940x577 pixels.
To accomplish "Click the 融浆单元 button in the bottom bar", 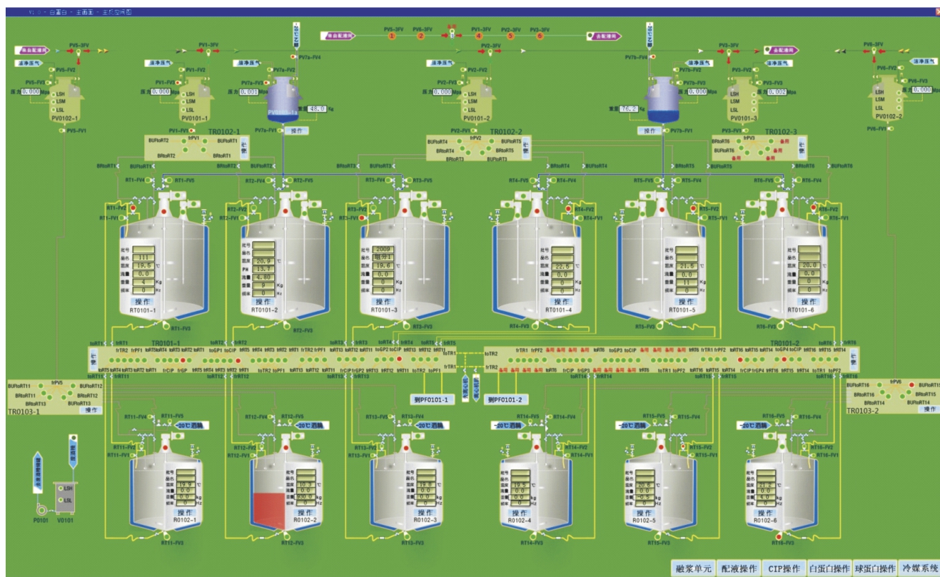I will pos(693,568).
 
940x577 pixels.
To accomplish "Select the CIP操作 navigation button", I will pos(783,568).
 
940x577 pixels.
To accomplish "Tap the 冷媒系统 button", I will pos(919,568).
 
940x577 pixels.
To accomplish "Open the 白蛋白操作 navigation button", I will pos(828,568).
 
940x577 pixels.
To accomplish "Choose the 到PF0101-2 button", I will pos(503,399).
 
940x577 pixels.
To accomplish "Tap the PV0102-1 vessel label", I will pos(65,118).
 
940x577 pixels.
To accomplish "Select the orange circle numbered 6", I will pos(540,36).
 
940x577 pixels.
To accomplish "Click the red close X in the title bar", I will pos(936,11).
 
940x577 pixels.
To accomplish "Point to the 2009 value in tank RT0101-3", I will pos(383,249).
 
